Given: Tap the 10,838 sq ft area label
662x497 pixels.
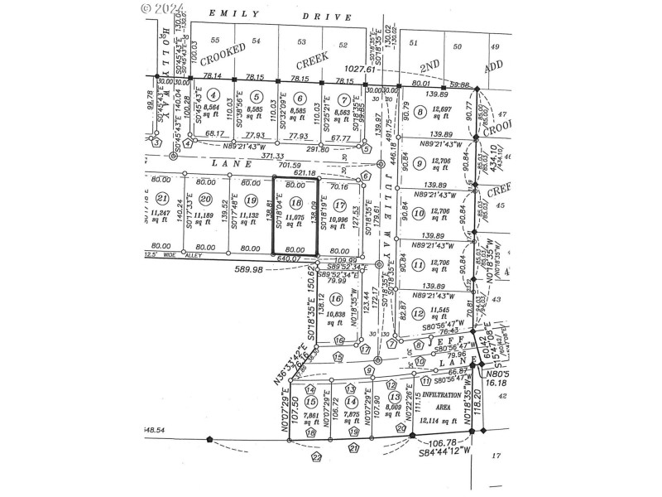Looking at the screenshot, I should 335,314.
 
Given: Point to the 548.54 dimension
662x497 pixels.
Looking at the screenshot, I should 155,430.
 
